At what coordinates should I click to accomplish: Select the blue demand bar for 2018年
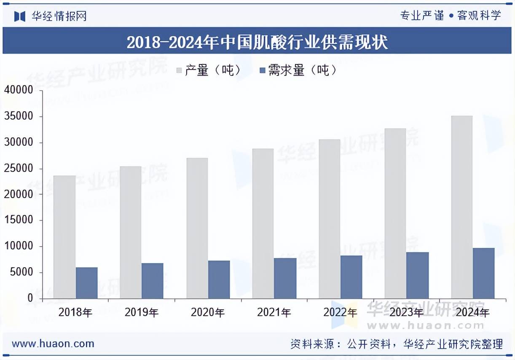pyautogui.click(x=86, y=283)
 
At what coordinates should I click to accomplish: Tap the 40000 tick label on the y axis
pyautogui.click(x=19, y=90)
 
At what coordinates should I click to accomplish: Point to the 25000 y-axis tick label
pyautogui.click(x=19, y=169)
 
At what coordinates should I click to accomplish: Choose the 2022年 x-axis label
pyautogui.click(x=340, y=313)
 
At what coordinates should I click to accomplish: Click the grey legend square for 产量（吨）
pyautogui.click(x=179, y=70)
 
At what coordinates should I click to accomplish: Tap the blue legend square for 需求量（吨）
pyautogui.click(x=262, y=70)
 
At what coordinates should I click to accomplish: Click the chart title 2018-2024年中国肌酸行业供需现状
pyautogui.click(x=257, y=42)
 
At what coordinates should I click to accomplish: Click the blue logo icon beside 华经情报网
pyautogui.click(x=20, y=16)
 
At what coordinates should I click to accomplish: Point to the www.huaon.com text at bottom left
pyautogui.click(x=53, y=344)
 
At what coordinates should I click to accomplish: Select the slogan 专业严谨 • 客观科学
pyautogui.click(x=450, y=16)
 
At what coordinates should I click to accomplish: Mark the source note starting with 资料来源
pyautogui.click(x=396, y=344)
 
